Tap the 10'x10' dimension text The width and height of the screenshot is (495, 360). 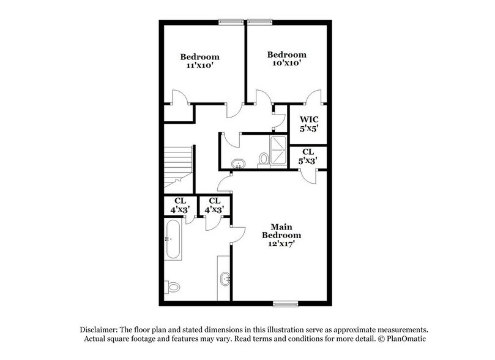pyautogui.click(x=286, y=62)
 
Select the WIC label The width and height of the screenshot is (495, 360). pyautogui.click(x=308, y=118)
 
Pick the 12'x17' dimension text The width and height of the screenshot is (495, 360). pyautogui.click(x=281, y=244)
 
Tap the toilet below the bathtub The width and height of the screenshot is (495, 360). pyautogui.click(x=173, y=286)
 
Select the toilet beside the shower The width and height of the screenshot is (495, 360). pyautogui.click(x=264, y=158)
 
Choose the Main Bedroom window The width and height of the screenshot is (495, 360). pyautogui.click(x=286, y=302)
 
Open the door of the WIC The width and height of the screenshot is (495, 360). pyautogui.click(x=313, y=98)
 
